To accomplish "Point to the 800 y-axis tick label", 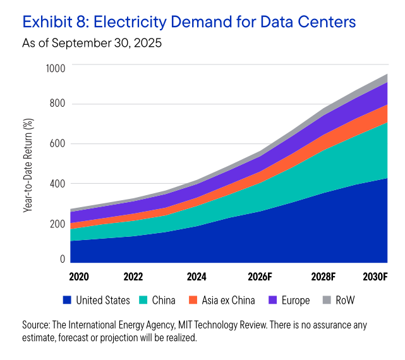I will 57,104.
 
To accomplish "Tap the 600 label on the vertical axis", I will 57,144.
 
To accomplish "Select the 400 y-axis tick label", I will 57,184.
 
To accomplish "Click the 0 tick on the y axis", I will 63,259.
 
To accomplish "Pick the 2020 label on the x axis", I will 80,277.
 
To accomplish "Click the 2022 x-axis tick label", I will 133,277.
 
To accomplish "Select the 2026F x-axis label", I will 259,277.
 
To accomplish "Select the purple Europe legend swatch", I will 274,301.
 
